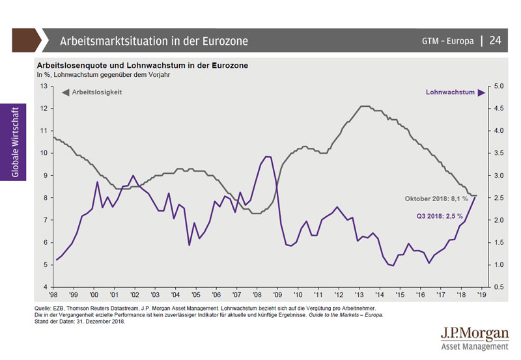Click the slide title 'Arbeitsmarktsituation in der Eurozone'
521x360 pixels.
coord(154,41)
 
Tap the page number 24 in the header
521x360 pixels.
coord(495,41)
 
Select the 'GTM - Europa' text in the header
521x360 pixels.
coord(447,41)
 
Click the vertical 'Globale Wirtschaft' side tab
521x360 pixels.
coord(14,141)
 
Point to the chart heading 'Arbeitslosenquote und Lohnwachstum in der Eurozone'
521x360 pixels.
coord(142,66)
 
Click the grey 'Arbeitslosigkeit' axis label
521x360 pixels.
coord(96,92)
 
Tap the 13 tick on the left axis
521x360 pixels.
coord(44,86)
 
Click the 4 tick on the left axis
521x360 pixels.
coord(46,287)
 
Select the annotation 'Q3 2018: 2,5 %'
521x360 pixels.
coord(440,215)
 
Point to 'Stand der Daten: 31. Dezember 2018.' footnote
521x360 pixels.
coord(79,322)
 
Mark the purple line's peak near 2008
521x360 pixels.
coord(268,156)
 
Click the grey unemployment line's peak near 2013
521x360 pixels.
coord(365,106)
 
